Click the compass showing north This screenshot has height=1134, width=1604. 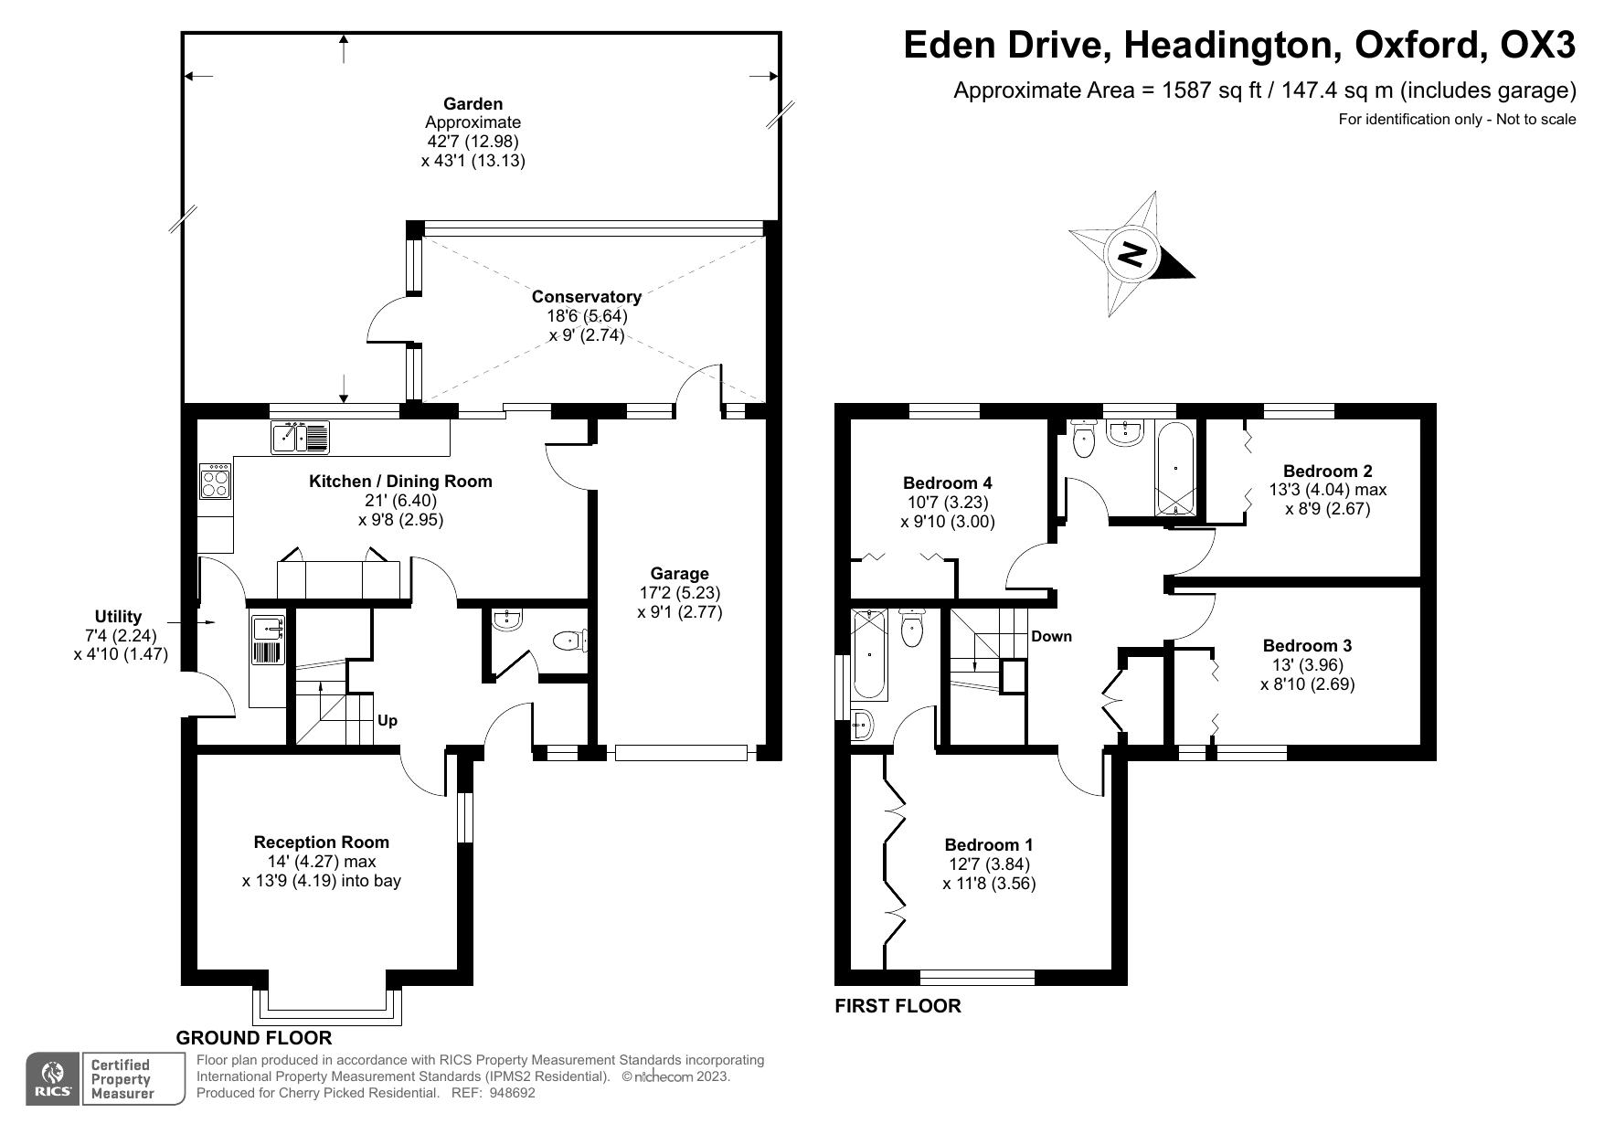pyautogui.click(x=1132, y=254)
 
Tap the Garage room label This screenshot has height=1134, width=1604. pyautogui.click(x=679, y=574)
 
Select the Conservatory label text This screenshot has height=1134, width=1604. pyautogui.click(x=586, y=297)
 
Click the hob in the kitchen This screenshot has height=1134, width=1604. pyautogui.click(x=216, y=482)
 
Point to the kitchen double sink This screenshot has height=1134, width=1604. pyautogui.click(x=300, y=438)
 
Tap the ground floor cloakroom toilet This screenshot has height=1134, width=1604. pyautogui.click(x=570, y=641)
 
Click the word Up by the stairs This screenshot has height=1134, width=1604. pyautogui.click(x=388, y=721)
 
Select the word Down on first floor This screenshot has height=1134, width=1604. pyautogui.click(x=1051, y=637)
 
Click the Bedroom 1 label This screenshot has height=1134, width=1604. pyautogui.click(x=989, y=845)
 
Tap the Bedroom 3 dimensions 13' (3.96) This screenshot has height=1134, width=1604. pyautogui.click(x=1307, y=665)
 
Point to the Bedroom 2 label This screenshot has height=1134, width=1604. pyautogui.click(x=1327, y=472)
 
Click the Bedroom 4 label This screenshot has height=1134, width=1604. pyautogui.click(x=947, y=483)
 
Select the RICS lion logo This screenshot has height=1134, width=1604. pyautogui.click(x=53, y=1074)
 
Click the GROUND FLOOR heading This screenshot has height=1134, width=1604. pyautogui.click(x=253, y=1038)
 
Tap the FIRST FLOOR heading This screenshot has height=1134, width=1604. pyautogui.click(x=898, y=1007)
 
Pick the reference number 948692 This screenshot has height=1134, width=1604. pyautogui.click(x=512, y=1093)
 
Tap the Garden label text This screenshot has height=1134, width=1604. pyautogui.click(x=473, y=104)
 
